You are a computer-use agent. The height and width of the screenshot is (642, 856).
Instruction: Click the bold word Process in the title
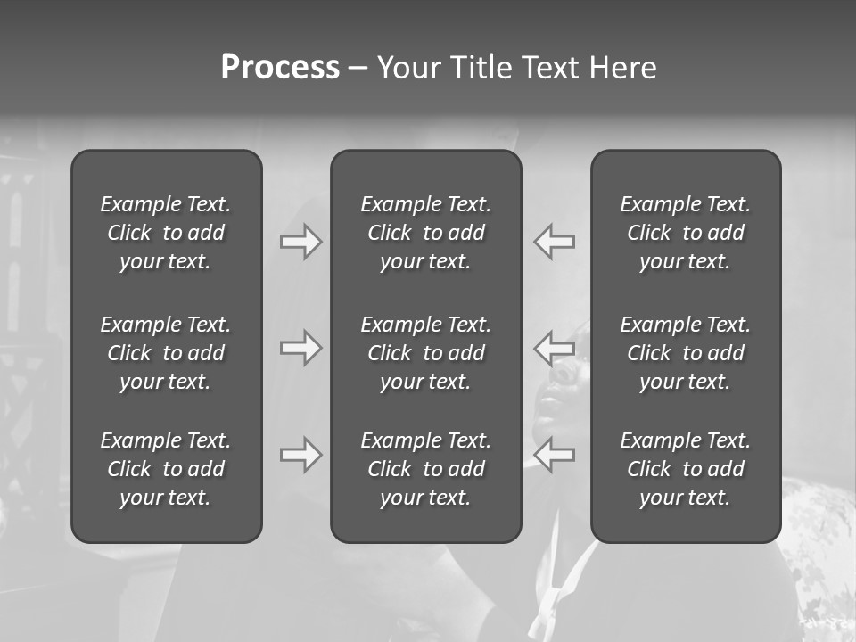(280, 68)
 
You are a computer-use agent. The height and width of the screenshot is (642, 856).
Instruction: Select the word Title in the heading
(481, 68)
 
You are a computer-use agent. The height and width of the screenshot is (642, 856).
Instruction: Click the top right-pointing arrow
(301, 242)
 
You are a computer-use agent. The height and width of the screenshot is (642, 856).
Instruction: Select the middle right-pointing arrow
(301, 348)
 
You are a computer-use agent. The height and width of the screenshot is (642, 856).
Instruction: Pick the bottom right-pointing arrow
(301, 456)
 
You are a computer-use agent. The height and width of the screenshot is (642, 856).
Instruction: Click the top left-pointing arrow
(554, 242)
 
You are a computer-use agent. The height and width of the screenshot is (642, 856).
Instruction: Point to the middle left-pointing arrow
(554, 348)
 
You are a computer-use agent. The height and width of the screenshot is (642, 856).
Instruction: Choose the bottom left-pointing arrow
(554, 456)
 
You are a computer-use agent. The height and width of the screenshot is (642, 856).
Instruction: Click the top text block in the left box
(166, 233)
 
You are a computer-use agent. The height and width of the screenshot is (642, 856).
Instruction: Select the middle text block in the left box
(166, 353)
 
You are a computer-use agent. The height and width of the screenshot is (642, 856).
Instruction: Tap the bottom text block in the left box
(166, 469)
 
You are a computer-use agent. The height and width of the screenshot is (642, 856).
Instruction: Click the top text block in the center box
(426, 233)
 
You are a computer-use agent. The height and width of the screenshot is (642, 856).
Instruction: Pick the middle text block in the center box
(426, 353)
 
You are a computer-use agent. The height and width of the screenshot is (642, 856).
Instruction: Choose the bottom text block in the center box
(426, 469)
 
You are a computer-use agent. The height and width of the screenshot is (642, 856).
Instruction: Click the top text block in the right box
(686, 233)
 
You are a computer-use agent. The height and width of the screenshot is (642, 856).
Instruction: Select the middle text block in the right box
(686, 353)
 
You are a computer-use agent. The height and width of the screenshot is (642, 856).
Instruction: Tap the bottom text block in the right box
(686, 469)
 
